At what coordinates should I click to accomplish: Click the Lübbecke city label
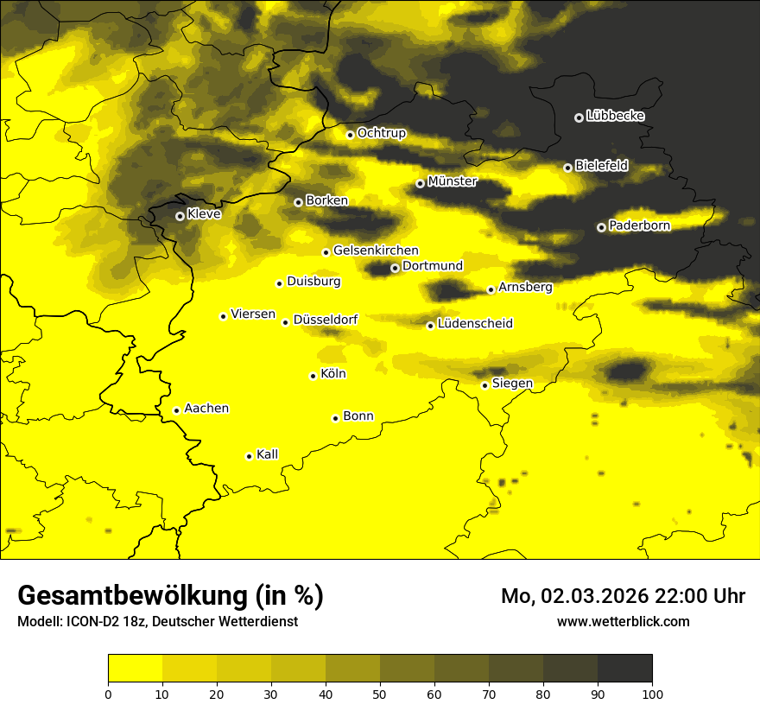(615, 116)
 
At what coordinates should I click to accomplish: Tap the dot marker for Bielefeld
(567, 168)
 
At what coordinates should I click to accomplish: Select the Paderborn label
(639, 225)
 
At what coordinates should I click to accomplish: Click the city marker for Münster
(420, 183)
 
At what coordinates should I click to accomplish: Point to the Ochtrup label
(381, 133)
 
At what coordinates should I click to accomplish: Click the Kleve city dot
(180, 216)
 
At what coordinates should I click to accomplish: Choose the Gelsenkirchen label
(376, 251)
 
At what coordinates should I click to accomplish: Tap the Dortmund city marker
(395, 268)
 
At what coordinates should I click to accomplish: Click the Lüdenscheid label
(475, 324)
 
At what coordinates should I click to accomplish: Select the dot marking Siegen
(484, 385)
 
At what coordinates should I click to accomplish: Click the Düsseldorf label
(325, 320)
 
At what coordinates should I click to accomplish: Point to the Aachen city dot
(176, 410)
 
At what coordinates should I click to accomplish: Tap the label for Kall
(267, 454)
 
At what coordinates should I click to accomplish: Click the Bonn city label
(358, 416)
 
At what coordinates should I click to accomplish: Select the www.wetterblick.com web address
(624, 621)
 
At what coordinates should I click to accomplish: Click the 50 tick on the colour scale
(380, 693)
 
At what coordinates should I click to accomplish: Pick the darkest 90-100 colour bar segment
(624, 669)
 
